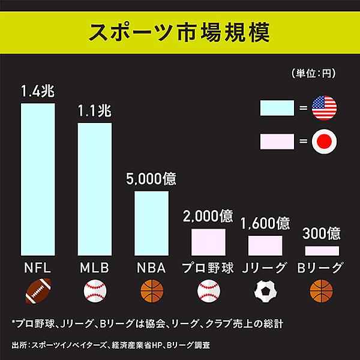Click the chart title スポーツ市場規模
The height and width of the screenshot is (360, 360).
[179, 32]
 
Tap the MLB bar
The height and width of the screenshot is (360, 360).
[95, 189]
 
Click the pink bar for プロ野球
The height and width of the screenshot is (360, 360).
[208, 242]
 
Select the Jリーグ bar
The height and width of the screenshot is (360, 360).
[265, 245]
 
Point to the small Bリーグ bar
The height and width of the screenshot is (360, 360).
[322, 251]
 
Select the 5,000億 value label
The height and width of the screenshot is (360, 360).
[151, 179]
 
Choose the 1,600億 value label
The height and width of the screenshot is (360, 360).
[265, 223]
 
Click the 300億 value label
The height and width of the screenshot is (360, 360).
[322, 233]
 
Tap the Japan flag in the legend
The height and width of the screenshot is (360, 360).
[325, 142]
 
